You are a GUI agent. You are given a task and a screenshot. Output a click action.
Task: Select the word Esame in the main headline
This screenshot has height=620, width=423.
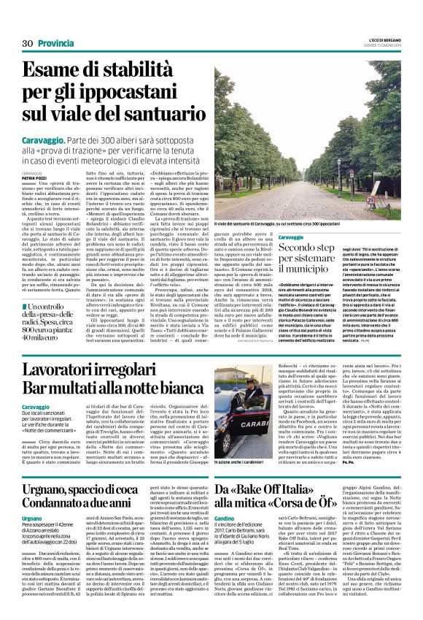click(x=58, y=72)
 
